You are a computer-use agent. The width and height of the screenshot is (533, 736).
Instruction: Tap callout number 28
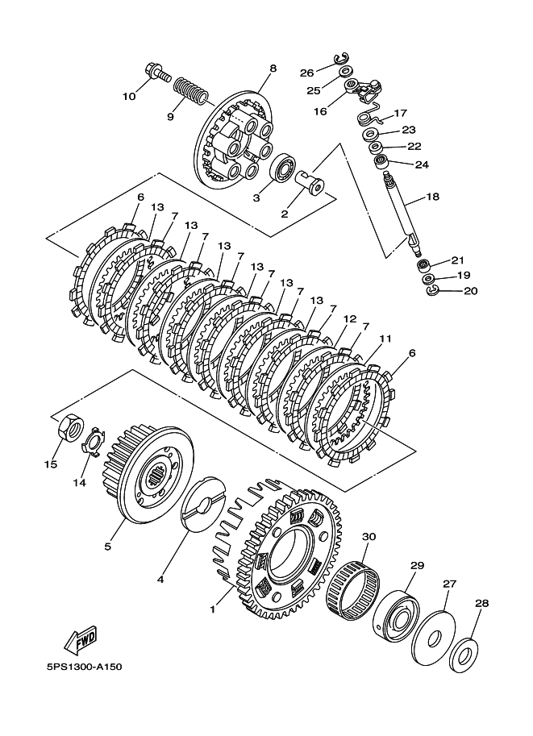click(x=482, y=603)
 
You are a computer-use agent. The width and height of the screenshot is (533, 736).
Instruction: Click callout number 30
click(x=369, y=536)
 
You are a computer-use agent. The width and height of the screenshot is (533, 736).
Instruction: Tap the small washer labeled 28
click(x=464, y=654)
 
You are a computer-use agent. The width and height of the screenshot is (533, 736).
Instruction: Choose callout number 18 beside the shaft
click(x=432, y=197)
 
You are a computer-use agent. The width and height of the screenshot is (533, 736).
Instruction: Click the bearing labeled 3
click(x=282, y=168)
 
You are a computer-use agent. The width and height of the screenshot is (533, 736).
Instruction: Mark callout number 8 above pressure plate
click(x=273, y=69)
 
